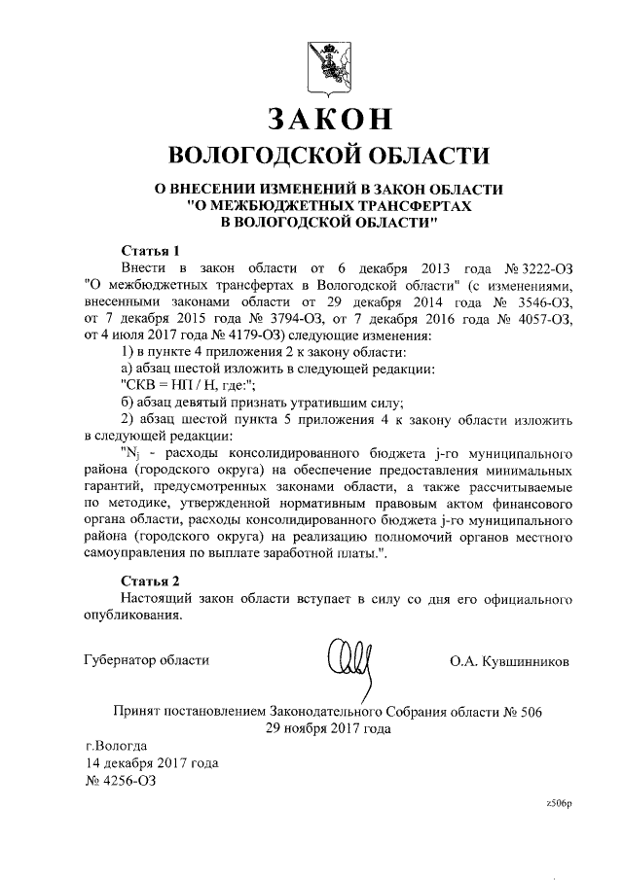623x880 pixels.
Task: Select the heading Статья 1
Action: [149, 248]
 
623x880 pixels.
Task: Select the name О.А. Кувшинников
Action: [509, 662]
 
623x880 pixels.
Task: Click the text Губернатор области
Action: [147, 661]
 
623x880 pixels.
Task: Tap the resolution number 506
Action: [531, 711]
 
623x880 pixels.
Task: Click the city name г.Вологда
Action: [116, 746]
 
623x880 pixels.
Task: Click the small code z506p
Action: [560, 804]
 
